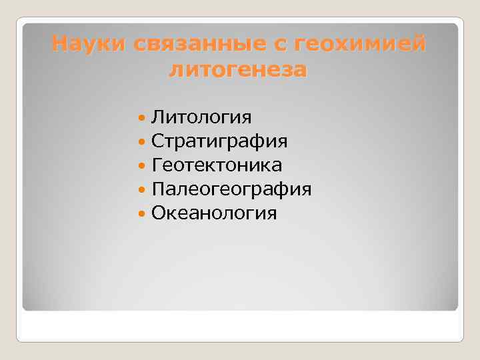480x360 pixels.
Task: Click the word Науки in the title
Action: click(x=89, y=45)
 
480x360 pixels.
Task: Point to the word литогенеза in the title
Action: click(x=238, y=69)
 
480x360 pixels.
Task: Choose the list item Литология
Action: click(x=201, y=117)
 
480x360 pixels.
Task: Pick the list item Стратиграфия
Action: click(x=220, y=141)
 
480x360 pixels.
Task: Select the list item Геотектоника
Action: click(x=217, y=165)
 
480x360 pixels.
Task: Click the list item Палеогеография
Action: click(x=231, y=189)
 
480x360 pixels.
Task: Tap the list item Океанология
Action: click(x=214, y=213)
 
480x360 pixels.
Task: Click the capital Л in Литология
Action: click(x=157, y=117)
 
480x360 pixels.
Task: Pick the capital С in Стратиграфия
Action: click(x=157, y=141)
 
